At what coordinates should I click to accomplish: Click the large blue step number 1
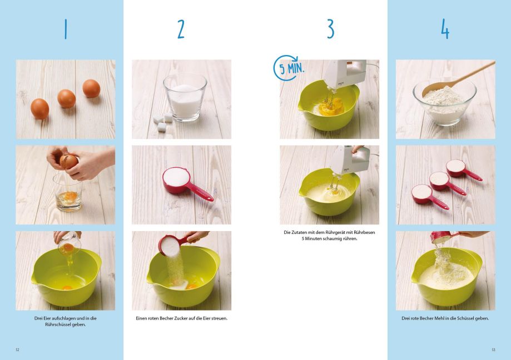[x=66, y=29]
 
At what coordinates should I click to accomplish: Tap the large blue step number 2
[x=181, y=29]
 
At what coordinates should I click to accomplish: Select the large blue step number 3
[x=330, y=29]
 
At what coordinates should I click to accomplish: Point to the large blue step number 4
[x=445, y=29]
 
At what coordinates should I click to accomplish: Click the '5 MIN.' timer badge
[x=289, y=68]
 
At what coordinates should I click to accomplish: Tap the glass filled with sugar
[x=185, y=97]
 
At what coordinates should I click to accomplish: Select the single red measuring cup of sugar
[x=186, y=183]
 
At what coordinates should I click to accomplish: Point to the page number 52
[x=18, y=350]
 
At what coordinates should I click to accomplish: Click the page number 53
[x=493, y=350]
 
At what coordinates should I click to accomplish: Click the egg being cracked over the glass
[x=69, y=162]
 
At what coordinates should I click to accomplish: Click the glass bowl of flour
[x=444, y=101]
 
